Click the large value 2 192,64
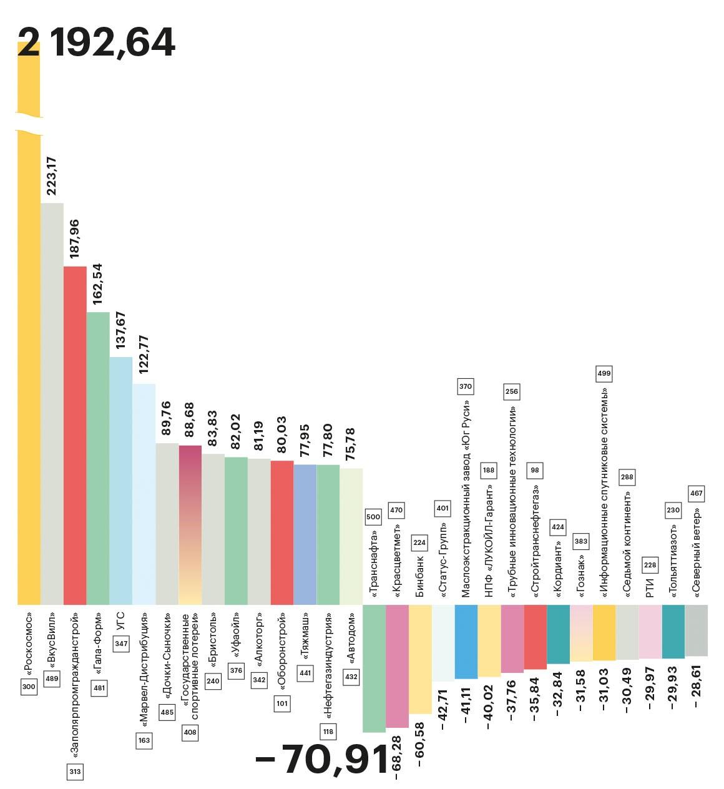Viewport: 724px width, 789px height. click(x=96, y=42)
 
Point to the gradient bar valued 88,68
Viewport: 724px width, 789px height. click(x=190, y=524)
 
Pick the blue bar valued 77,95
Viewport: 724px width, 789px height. click(x=305, y=534)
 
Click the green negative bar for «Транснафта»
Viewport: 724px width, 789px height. click(x=374, y=668)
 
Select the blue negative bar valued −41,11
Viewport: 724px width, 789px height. click(x=466, y=641)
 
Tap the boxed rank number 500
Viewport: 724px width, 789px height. click(x=373, y=517)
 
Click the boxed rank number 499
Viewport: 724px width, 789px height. click(x=604, y=373)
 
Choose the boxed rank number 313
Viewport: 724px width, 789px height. click(x=75, y=772)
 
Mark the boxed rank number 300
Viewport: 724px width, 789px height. click(x=29, y=687)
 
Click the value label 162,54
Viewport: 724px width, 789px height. click(x=98, y=284)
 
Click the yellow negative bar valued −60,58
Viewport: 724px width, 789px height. click(x=420, y=659)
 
